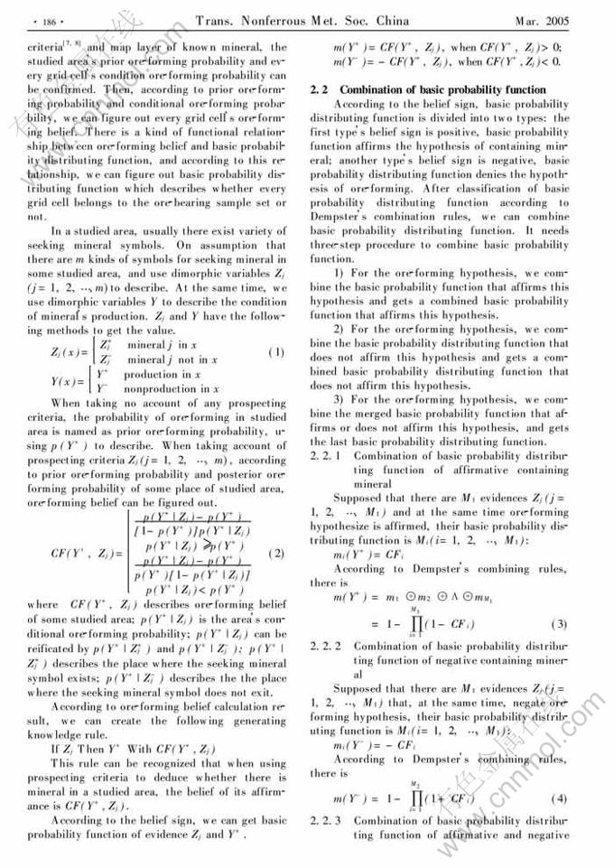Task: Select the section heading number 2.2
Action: (318, 90)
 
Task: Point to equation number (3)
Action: (560, 624)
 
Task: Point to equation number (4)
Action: (560, 800)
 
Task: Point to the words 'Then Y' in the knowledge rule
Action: (92, 749)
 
